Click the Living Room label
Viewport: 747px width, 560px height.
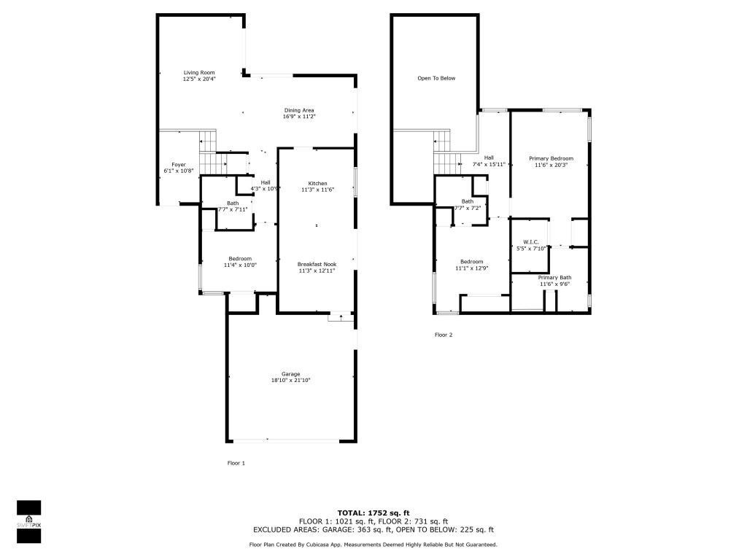[198, 73]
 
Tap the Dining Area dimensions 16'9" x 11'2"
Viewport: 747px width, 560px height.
[299, 117]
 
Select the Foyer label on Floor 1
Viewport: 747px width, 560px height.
[179, 165]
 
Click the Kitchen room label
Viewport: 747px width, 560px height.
[317, 183]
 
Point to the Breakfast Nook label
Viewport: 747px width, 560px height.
[317, 264]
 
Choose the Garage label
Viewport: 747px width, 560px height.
[291, 374]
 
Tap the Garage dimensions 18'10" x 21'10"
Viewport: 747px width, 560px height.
[291, 381]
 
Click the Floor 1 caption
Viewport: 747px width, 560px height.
[236, 463]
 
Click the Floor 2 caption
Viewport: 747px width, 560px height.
[444, 335]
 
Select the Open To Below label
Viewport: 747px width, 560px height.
[436, 78]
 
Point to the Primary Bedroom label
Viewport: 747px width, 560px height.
[551, 158]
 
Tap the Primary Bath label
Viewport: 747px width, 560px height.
[554, 278]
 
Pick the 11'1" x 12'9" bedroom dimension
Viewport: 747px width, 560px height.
[471, 268]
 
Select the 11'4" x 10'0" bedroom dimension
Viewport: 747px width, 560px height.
[240, 265]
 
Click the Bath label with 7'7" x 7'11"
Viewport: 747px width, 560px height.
[233, 203]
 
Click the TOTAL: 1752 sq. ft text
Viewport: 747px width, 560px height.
[373, 513]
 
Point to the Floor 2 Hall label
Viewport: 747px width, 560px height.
[489, 157]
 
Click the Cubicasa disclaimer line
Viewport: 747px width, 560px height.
[373, 545]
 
